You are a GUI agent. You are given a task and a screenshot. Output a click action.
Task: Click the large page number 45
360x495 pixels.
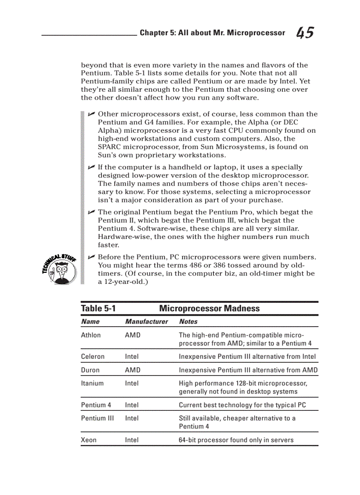305,33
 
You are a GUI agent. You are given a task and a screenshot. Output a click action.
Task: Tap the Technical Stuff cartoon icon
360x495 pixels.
60,270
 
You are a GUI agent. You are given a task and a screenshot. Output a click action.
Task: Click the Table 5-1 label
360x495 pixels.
98,309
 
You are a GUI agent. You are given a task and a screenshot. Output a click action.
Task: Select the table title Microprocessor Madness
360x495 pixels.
209,309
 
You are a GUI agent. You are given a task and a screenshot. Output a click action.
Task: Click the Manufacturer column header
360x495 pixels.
146,322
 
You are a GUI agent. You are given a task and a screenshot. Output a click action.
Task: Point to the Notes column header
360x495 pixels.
188,322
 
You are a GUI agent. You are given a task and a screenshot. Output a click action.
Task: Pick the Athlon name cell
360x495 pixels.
91,335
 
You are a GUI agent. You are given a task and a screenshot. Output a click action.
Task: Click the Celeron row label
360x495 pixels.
93,357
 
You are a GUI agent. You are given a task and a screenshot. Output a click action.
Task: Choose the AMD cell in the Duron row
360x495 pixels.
132,370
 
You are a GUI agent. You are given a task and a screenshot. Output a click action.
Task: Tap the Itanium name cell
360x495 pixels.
92,383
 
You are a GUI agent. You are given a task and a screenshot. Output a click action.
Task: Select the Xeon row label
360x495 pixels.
89,440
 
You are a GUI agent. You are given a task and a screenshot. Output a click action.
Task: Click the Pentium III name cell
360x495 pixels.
97,418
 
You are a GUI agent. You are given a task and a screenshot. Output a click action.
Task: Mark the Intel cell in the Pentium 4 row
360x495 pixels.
131,405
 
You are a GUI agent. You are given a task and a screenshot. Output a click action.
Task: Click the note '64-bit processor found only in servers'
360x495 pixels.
236,440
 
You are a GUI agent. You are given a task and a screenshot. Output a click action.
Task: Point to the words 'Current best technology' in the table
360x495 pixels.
214,405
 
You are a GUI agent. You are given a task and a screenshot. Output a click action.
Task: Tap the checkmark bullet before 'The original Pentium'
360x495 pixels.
91,212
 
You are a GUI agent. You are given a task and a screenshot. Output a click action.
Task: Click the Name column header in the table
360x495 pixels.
90,322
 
